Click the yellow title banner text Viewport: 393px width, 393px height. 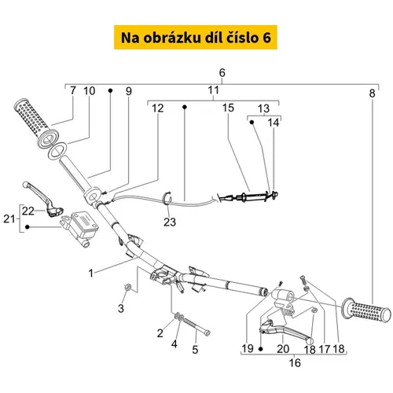(x=196, y=38)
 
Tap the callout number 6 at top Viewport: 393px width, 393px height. (x=222, y=72)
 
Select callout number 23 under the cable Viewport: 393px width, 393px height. (x=170, y=222)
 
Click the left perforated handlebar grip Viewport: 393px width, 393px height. (x=36, y=123)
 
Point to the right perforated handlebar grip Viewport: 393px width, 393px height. (x=366, y=310)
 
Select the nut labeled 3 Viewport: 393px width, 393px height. (x=128, y=287)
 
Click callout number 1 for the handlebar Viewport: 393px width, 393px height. (x=90, y=274)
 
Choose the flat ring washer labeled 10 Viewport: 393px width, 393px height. (x=57, y=150)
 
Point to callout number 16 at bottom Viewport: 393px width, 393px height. (x=295, y=363)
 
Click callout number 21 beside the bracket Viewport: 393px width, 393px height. (x=9, y=219)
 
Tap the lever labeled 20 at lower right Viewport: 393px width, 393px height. (x=285, y=329)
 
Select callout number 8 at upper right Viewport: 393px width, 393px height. (x=372, y=94)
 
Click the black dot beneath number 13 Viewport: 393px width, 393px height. (x=252, y=122)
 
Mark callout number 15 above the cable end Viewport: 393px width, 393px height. (x=228, y=108)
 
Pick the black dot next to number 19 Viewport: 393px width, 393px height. (x=260, y=349)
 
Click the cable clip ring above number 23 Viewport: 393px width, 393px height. (x=167, y=198)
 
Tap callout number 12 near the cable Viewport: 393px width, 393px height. (x=158, y=108)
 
